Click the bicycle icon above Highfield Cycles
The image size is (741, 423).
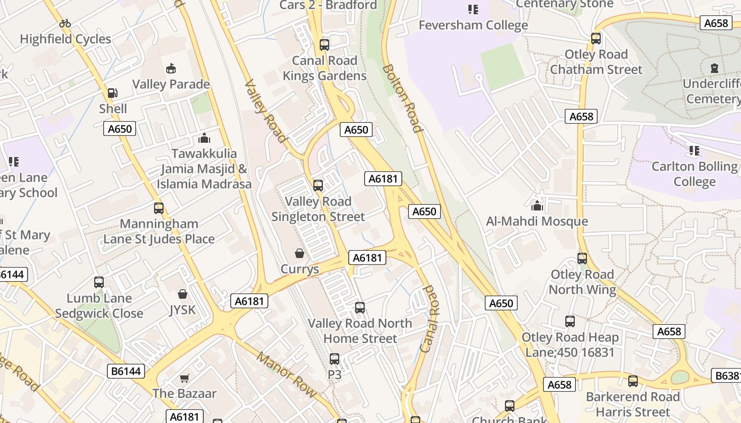[65, 23]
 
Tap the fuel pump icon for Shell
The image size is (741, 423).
[112, 93]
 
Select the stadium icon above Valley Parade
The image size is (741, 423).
[171, 68]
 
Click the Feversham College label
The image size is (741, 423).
[473, 25]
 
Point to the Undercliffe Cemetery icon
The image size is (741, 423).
[715, 68]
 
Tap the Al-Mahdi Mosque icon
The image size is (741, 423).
[537, 205]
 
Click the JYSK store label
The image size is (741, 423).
[182, 309]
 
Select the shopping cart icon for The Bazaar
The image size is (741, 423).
[184, 378]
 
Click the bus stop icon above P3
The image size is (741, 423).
[334, 359]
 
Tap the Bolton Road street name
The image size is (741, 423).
[403, 98]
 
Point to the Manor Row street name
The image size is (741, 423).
[286, 374]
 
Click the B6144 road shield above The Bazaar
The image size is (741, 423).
[126, 371]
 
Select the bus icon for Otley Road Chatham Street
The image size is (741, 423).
[596, 39]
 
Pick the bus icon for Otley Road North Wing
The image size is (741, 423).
[582, 259]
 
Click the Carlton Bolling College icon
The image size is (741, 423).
[694, 151]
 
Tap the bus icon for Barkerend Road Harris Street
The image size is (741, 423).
[632, 381]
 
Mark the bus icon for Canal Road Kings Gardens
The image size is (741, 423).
[324, 45]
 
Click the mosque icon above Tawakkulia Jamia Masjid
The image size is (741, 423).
[204, 139]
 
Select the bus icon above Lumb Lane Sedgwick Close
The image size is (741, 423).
[99, 282]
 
